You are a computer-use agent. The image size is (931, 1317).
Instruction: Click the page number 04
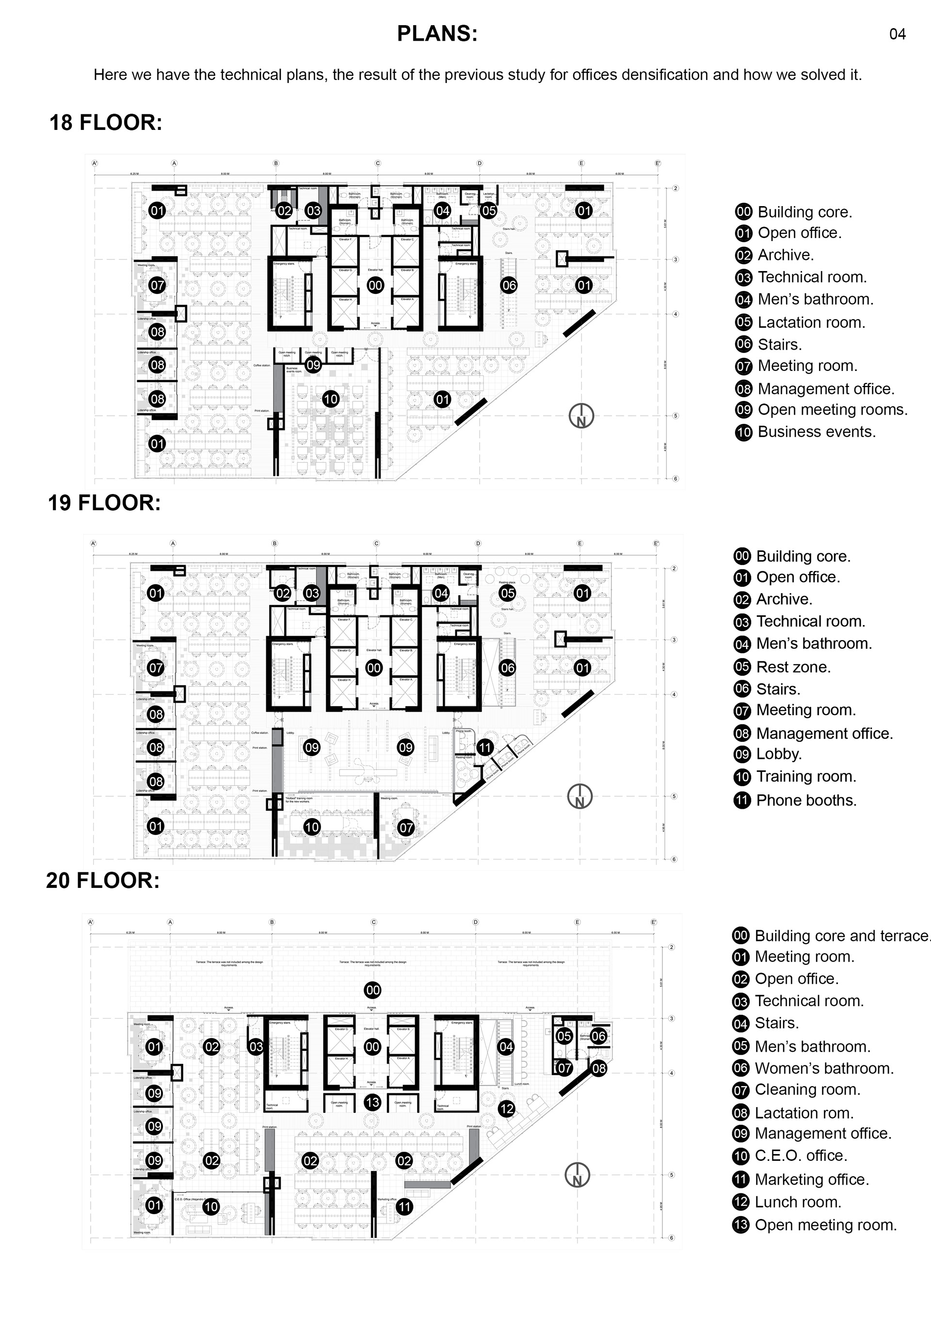tap(897, 34)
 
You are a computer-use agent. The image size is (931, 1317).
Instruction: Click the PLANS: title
tap(437, 34)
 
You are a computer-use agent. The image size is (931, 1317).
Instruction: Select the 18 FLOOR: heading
tap(106, 123)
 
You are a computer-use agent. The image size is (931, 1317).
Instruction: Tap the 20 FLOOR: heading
tap(103, 881)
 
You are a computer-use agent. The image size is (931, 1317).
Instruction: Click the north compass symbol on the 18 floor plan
tap(581, 417)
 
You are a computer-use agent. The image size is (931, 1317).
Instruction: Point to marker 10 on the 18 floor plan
tap(330, 399)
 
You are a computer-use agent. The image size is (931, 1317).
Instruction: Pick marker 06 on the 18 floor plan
tap(509, 285)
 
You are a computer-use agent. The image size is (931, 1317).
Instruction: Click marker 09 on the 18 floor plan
tap(313, 365)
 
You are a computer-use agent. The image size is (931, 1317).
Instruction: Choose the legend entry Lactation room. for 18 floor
tap(800, 322)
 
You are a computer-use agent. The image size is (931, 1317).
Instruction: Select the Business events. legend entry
tap(805, 432)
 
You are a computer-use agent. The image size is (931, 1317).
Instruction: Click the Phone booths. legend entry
tap(795, 801)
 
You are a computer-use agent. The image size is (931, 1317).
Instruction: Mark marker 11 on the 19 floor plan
tap(485, 747)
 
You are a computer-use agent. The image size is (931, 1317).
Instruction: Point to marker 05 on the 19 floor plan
tap(507, 593)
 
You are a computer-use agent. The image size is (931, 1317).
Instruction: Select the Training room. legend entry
tap(795, 777)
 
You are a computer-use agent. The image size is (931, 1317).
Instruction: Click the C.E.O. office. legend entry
tap(790, 1156)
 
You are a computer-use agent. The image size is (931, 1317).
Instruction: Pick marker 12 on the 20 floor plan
tap(506, 1109)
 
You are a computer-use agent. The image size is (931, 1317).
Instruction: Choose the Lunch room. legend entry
tap(787, 1202)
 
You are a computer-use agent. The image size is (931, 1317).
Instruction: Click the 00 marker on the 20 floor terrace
tap(372, 990)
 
